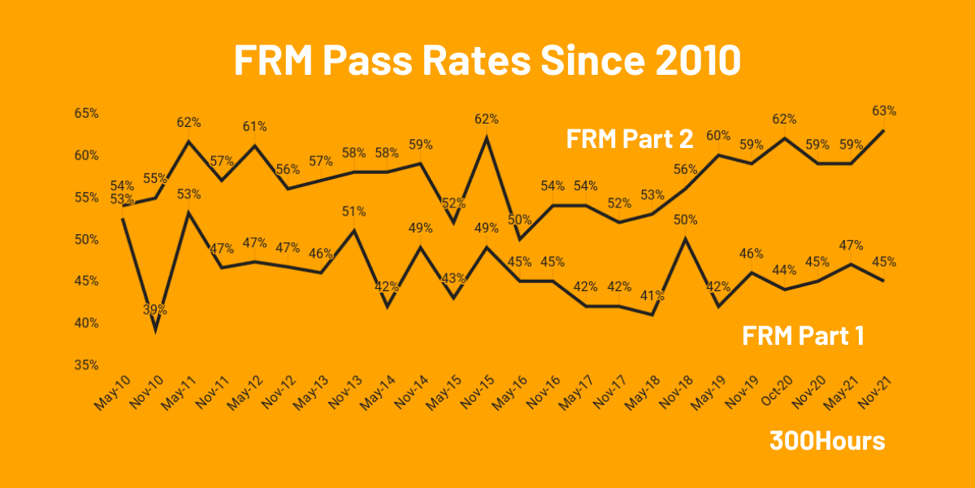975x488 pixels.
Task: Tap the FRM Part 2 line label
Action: (x=630, y=138)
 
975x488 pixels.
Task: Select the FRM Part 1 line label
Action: (x=803, y=335)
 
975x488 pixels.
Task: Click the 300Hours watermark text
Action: (x=827, y=441)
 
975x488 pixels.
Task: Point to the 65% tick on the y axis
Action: (x=86, y=114)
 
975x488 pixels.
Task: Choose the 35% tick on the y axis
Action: (x=86, y=365)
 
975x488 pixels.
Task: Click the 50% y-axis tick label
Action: (x=86, y=240)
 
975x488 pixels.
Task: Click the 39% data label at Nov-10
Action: (x=155, y=310)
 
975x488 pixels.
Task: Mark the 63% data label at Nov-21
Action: (x=884, y=111)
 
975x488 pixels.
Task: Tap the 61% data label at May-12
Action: (x=254, y=127)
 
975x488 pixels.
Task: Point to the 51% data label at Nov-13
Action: (x=353, y=211)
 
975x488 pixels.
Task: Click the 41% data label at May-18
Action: (x=652, y=296)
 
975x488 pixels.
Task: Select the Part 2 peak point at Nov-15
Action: (x=487, y=137)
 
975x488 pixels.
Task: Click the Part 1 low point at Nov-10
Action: (x=155, y=330)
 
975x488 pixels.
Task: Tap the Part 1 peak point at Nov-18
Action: (x=686, y=238)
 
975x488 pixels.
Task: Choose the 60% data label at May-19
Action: (x=718, y=136)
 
